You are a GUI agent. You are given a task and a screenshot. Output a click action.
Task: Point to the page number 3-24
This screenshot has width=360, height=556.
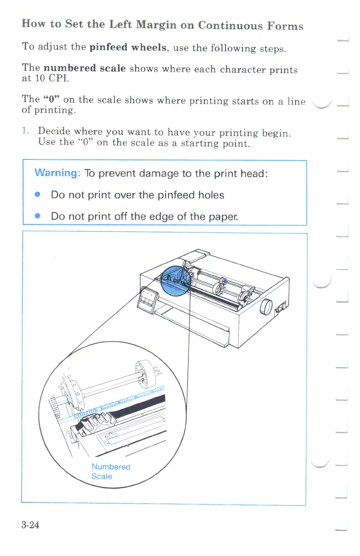coord(30,526)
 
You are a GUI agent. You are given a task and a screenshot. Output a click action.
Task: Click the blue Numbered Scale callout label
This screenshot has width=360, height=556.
coord(110,472)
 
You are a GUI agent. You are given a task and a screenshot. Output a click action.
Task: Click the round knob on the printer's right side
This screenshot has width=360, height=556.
coord(266,308)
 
